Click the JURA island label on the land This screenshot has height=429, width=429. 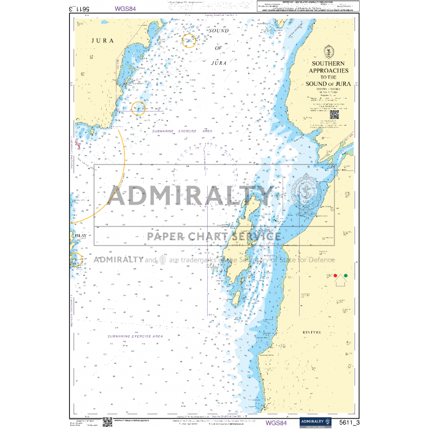point(102,40)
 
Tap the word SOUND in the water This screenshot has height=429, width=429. point(219,31)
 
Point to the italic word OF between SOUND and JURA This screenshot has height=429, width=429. point(219,48)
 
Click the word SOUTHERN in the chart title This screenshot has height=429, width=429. point(328,64)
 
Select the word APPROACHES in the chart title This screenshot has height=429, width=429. point(329,71)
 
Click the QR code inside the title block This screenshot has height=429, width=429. point(335,113)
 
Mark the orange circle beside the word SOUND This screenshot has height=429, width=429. point(189,40)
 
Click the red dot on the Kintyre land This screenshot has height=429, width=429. point(335,276)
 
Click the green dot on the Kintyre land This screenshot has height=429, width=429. point(346,276)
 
